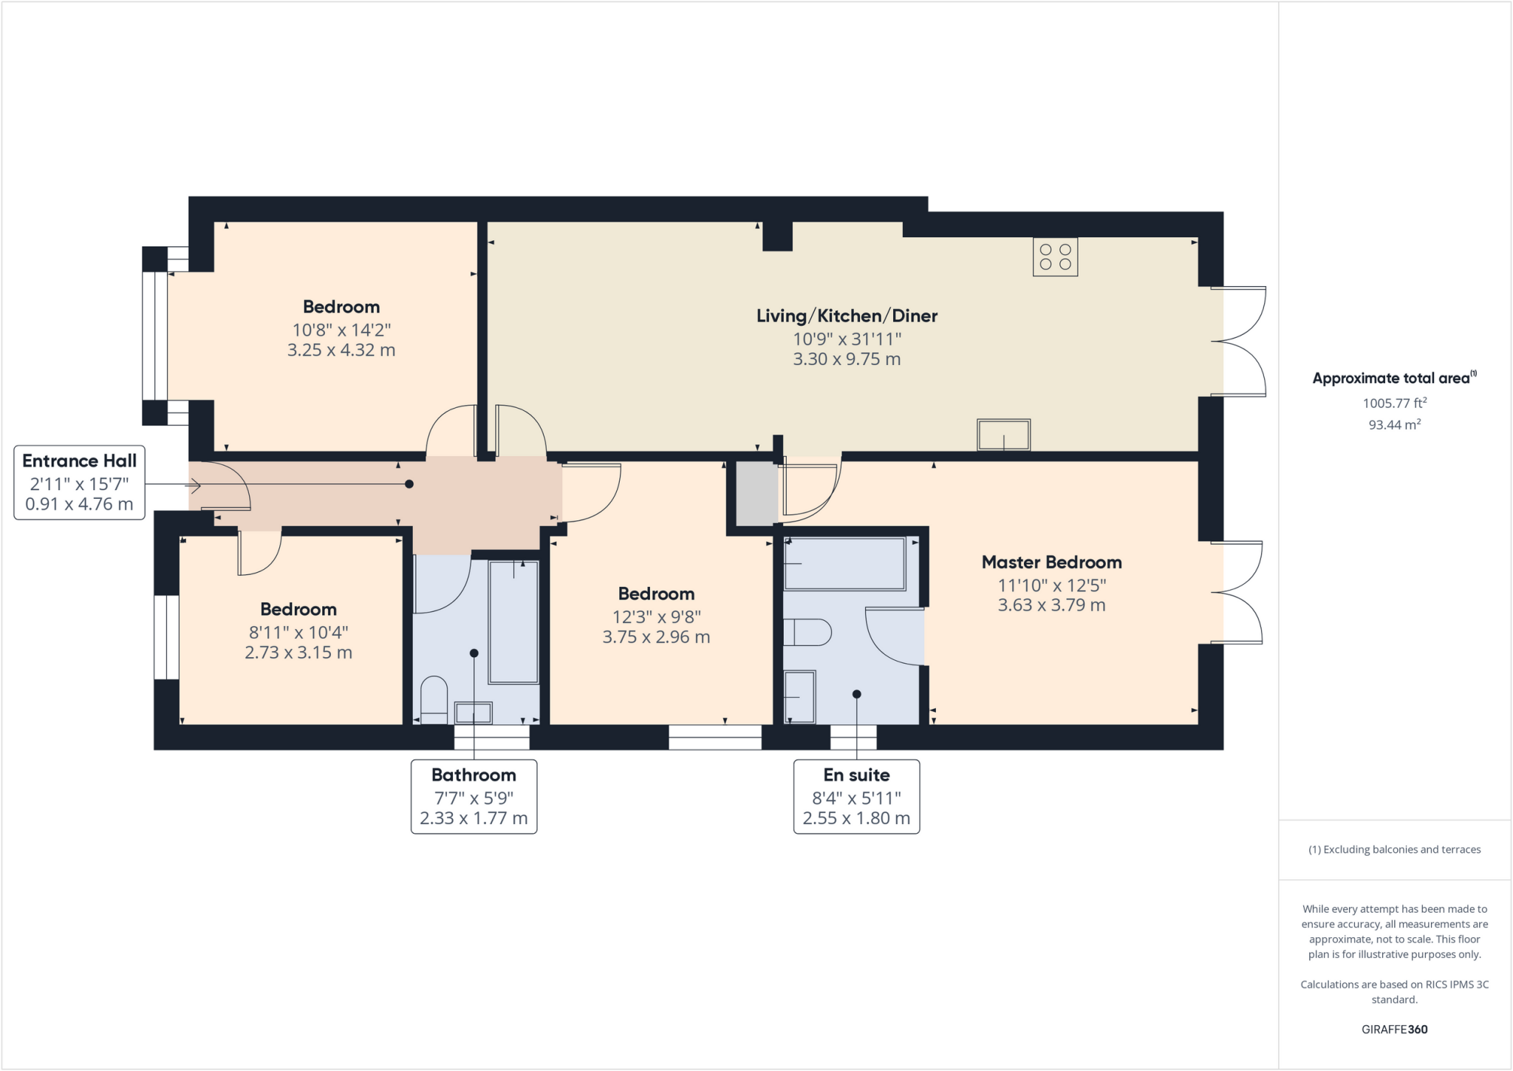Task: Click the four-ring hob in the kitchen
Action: pyautogui.click(x=1055, y=257)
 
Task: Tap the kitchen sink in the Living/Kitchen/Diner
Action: pyautogui.click(x=1003, y=435)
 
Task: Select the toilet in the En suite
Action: pyautogui.click(x=807, y=633)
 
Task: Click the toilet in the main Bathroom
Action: pyautogui.click(x=434, y=698)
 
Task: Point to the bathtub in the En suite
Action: pyautogui.click(x=844, y=564)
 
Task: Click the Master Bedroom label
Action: pyautogui.click(x=1051, y=562)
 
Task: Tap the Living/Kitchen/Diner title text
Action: pyautogui.click(x=847, y=316)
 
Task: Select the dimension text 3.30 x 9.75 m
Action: pyautogui.click(x=847, y=359)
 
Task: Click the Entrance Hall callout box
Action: pyautogui.click(x=79, y=483)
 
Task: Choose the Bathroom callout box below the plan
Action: pyautogui.click(x=474, y=797)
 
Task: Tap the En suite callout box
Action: pyautogui.click(x=856, y=797)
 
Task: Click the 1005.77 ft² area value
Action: pyautogui.click(x=1394, y=403)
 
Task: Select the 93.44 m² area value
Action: pyautogui.click(x=1394, y=424)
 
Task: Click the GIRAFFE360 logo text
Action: pyautogui.click(x=1394, y=1029)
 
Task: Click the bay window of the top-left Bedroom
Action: pyautogui.click(x=154, y=336)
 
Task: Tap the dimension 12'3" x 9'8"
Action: pyautogui.click(x=656, y=616)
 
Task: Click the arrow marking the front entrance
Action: pyautogui.click(x=194, y=486)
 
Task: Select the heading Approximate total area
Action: pyautogui.click(x=1393, y=378)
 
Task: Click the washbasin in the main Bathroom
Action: pyautogui.click(x=473, y=713)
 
